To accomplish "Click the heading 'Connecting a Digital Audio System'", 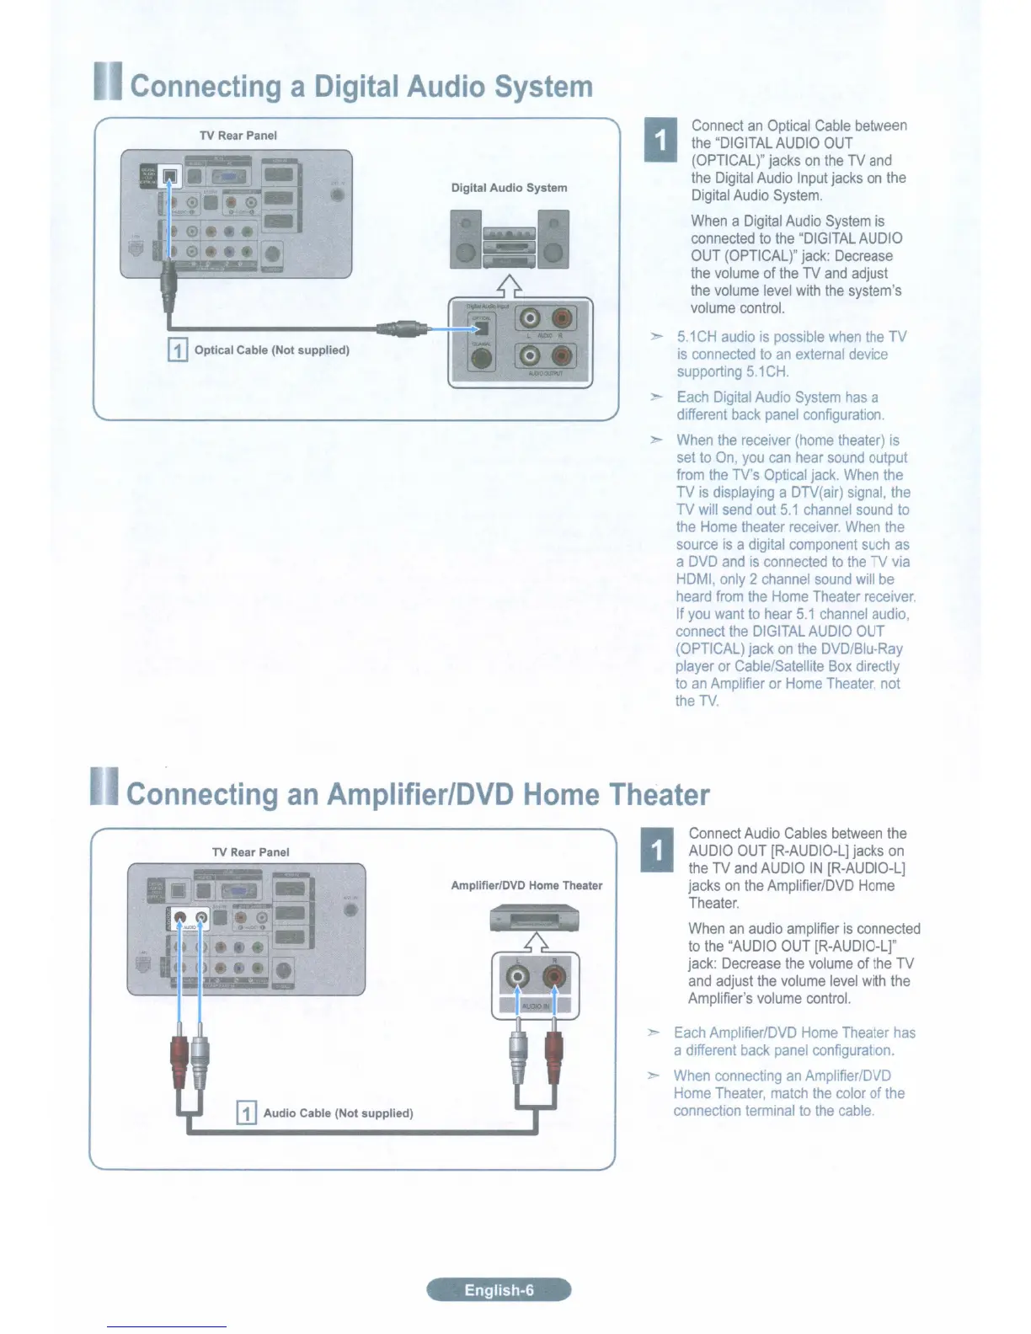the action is [361, 87].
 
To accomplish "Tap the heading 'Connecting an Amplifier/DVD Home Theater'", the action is [417, 794].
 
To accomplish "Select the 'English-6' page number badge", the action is [499, 1289].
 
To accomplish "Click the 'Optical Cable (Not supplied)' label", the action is [271, 350].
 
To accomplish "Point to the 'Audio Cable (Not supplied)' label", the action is [338, 1113].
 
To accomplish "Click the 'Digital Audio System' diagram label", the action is [509, 188].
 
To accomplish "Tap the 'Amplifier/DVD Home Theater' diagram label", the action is [526, 885].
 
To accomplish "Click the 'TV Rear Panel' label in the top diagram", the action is [238, 136].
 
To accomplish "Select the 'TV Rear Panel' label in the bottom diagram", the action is [251, 852].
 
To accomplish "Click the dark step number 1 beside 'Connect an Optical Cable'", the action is [660, 140].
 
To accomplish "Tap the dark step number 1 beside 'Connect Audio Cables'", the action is [657, 849].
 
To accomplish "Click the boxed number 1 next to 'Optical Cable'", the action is [178, 350].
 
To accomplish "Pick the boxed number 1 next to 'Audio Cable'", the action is [246, 1113].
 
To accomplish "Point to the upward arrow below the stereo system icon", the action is [509, 286].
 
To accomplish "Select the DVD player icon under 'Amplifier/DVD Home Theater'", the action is [534, 917].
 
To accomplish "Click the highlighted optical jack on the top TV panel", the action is [171, 177].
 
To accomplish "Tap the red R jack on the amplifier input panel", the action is [554, 976].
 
